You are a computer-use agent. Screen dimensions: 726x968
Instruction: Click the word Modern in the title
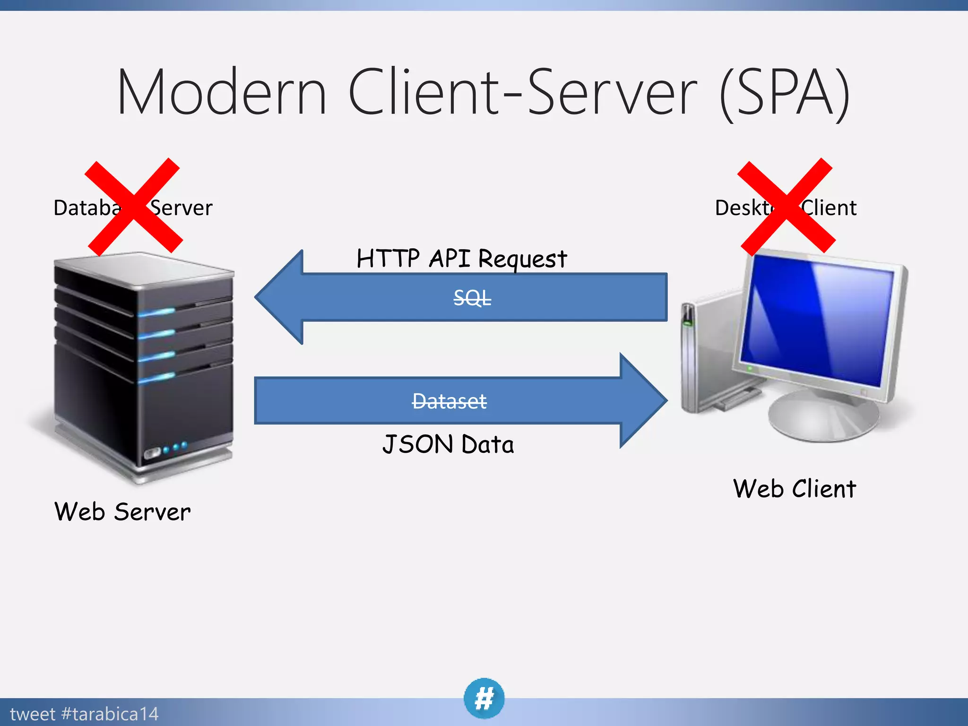221,92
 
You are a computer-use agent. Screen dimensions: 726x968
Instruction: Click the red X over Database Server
133,207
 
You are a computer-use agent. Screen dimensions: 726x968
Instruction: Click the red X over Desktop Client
786,207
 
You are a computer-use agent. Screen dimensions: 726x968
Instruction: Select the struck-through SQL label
472,298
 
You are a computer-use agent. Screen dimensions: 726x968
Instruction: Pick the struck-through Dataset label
449,401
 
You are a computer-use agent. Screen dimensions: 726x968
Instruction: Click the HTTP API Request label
461,259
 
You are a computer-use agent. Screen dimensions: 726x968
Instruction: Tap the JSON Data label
448,444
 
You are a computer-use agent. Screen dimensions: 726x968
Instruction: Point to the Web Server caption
122,512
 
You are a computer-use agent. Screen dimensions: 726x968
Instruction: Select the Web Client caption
795,489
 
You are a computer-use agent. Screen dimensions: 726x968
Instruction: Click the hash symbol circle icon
484,698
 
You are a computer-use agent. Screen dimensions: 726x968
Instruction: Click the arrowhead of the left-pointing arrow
279,297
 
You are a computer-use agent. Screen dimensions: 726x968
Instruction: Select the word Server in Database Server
182,208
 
